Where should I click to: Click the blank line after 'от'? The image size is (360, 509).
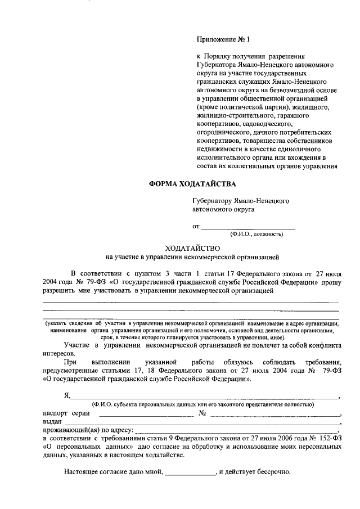pos(248,227)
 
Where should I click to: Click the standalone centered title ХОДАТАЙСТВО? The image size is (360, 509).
pos(192,248)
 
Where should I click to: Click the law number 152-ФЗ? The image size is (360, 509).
pos(327,440)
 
